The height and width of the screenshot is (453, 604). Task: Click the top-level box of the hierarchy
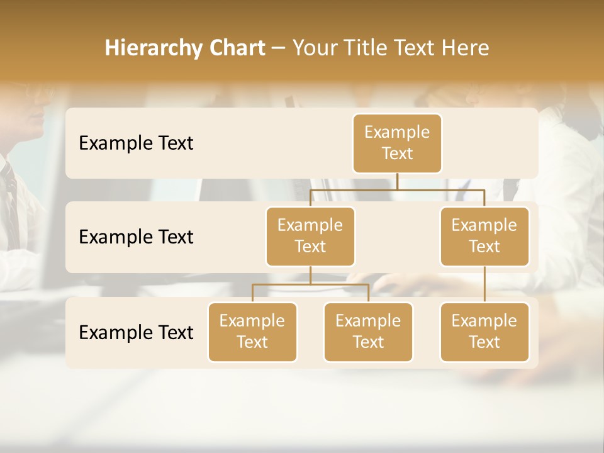point(397,143)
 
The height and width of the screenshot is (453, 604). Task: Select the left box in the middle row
point(310,236)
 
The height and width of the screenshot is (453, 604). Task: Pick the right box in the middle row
point(484,236)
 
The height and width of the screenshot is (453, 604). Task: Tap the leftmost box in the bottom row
point(252,332)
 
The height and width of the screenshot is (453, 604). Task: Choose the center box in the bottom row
point(368,332)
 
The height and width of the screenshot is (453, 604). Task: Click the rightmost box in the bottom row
point(484,332)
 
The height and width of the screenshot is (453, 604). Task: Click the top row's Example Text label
point(136,143)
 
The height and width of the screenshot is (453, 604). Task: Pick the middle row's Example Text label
point(136,237)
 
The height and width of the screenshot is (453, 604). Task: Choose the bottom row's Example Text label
point(136,333)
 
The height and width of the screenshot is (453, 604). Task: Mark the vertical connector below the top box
point(397,181)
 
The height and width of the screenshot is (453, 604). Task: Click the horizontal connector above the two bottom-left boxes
point(310,284)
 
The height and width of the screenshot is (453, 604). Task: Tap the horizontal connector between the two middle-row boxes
point(397,189)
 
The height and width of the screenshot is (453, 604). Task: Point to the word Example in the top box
point(397,132)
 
